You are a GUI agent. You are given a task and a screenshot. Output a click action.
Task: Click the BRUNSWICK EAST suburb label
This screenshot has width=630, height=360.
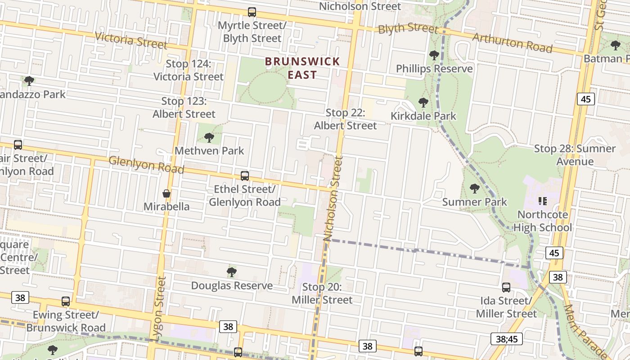(x=302, y=68)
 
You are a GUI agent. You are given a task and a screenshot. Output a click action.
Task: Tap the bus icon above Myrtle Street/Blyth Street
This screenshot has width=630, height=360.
(x=252, y=12)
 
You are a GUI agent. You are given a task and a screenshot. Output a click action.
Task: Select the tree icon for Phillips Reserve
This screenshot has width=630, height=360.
(x=434, y=56)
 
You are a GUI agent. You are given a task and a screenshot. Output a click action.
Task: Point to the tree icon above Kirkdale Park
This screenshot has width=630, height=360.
(x=423, y=103)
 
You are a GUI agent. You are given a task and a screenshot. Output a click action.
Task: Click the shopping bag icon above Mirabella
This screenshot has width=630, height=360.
(x=166, y=194)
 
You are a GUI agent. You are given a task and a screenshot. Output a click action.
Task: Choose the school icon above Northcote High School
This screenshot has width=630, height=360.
(x=542, y=201)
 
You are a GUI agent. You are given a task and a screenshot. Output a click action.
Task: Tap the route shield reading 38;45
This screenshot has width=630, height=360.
(x=506, y=339)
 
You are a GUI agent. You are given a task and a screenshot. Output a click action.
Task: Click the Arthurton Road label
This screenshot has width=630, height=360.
(x=512, y=43)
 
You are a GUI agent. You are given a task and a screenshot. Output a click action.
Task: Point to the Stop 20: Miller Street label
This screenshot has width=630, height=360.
(x=322, y=293)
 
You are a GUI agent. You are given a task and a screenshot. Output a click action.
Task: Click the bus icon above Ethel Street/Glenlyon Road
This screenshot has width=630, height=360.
(x=245, y=176)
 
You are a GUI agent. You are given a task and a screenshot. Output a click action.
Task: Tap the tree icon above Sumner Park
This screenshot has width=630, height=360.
(x=474, y=189)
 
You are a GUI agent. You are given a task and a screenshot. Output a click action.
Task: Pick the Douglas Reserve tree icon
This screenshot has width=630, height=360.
(x=232, y=272)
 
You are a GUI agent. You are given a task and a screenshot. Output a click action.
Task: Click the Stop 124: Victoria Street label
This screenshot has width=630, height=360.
(x=189, y=70)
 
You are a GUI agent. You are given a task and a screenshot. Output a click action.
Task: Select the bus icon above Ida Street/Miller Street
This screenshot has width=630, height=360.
(x=506, y=288)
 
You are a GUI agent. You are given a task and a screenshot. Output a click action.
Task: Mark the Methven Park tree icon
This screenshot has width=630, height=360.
(x=209, y=137)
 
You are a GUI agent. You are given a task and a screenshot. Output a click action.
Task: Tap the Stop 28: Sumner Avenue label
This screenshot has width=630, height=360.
(x=575, y=155)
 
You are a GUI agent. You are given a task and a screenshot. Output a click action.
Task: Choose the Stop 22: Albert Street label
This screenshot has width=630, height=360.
(x=345, y=119)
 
